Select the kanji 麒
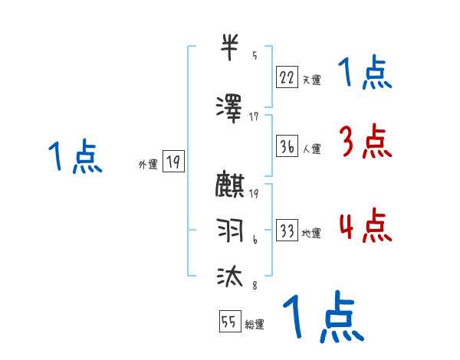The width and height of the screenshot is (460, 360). pyautogui.click(x=231, y=186)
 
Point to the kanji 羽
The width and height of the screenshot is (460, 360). pyautogui.click(x=231, y=230)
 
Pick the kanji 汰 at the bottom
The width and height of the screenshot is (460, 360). pyautogui.click(x=231, y=273)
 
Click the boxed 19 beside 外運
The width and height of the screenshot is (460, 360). pyautogui.click(x=173, y=162)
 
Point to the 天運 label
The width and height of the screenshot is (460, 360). pyautogui.click(x=311, y=79)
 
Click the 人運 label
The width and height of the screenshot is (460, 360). pyautogui.click(x=311, y=149)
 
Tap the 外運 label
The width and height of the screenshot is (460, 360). pyautogui.click(x=148, y=164)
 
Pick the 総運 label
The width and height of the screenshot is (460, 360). pyautogui.click(x=255, y=325)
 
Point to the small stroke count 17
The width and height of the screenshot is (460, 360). pyautogui.click(x=254, y=116)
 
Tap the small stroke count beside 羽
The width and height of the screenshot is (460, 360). pyautogui.click(x=255, y=241)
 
